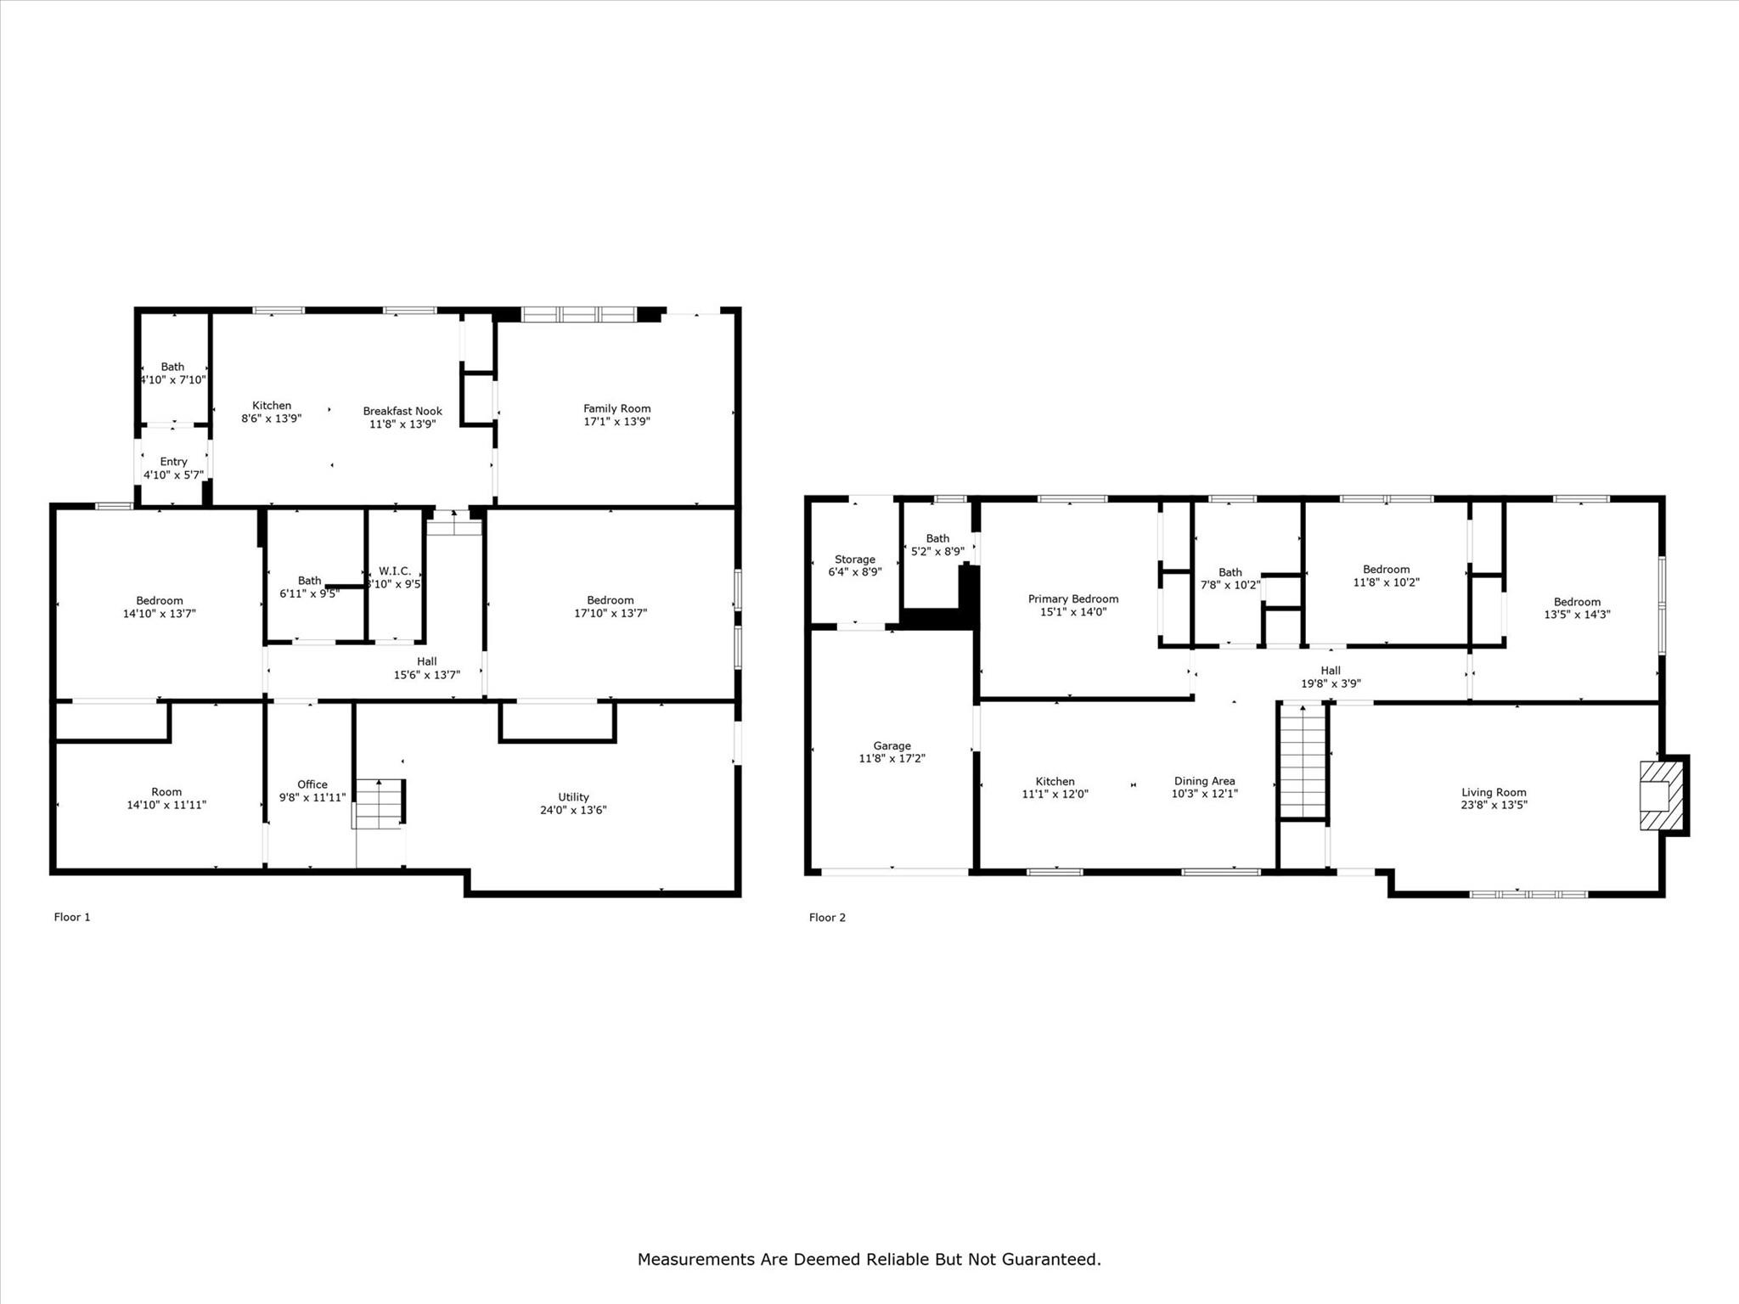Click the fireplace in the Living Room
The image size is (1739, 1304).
click(1662, 795)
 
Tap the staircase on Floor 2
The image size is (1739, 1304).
click(1303, 761)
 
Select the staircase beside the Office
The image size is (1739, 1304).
click(379, 803)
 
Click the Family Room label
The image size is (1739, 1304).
click(617, 408)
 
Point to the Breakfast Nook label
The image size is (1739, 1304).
click(402, 411)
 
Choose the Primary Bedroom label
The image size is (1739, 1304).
click(1073, 599)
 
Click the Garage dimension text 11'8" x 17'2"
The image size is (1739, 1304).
click(892, 758)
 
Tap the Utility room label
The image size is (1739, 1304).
click(574, 796)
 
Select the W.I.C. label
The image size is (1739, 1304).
click(395, 571)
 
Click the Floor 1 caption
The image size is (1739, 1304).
click(72, 917)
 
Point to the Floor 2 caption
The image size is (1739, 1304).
click(827, 917)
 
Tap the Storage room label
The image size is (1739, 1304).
click(855, 559)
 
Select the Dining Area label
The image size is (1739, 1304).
click(1205, 781)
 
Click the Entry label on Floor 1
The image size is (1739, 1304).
click(173, 462)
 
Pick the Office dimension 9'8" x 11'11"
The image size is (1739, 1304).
click(312, 797)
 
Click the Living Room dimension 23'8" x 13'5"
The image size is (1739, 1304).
click(1494, 805)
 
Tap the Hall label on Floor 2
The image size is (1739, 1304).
click(1331, 671)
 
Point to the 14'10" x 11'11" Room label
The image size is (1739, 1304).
click(166, 798)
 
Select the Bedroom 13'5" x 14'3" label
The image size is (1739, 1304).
click(1577, 608)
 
